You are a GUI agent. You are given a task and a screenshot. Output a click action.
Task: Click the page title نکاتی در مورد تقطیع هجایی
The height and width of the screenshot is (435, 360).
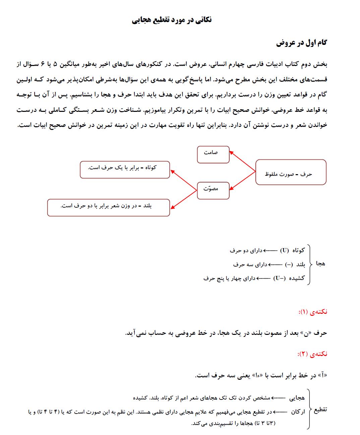click(x=172, y=20)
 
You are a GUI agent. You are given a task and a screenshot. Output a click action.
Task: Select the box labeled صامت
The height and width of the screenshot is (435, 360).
click(x=213, y=154)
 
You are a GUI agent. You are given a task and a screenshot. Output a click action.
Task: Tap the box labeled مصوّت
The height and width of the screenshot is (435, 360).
click(x=213, y=191)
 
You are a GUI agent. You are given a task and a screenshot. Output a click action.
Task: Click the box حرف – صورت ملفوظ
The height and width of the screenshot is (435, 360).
click(x=291, y=172)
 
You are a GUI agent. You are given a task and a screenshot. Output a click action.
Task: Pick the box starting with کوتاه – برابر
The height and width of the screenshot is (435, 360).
click(x=125, y=169)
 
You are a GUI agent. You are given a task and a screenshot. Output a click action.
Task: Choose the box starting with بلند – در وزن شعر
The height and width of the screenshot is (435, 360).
click(x=109, y=207)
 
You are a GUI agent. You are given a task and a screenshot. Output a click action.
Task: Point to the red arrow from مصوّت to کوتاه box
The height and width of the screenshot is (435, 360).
click(x=184, y=180)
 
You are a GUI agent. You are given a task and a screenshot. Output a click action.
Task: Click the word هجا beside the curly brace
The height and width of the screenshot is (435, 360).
click(x=320, y=264)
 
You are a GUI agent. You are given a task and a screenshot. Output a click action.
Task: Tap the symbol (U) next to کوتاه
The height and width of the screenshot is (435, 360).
click(x=285, y=250)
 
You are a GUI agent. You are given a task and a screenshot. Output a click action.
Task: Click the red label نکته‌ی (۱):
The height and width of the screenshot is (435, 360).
click(x=312, y=312)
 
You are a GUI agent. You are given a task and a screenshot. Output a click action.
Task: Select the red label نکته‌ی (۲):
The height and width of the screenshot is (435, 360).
click(x=312, y=354)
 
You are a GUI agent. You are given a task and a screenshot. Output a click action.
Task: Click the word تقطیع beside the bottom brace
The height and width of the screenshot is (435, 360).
click(x=320, y=410)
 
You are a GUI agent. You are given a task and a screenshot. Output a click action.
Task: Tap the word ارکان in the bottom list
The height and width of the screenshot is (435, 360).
click(x=298, y=412)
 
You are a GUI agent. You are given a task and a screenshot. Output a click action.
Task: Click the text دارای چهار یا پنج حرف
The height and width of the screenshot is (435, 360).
click(x=229, y=278)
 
